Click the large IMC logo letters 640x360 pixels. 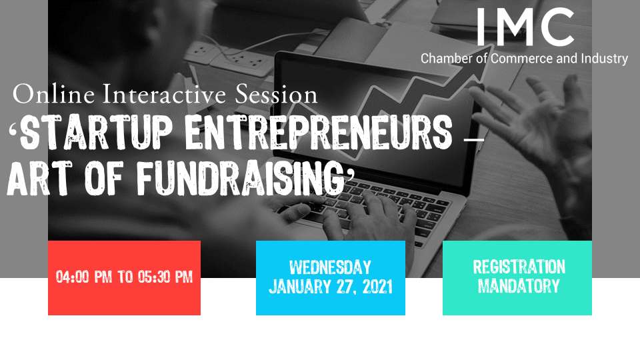click(x=525, y=27)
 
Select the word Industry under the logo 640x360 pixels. click(x=605, y=59)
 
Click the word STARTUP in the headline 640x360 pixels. click(x=96, y=132)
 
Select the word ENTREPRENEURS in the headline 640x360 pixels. click(x=319, y=132)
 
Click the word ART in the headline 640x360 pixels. click(x=39, y=178)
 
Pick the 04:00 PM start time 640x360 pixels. click(x=84, y=277)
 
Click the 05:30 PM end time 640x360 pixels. click(x=165, y=277)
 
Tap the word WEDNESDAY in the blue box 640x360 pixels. click(x=330, y=268)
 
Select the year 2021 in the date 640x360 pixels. click(x=377, y=287)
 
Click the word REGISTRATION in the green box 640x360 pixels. click(x=519, y=267)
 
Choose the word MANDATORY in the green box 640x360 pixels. click(x=519, y=286)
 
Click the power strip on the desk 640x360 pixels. click(x=229, y=59)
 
